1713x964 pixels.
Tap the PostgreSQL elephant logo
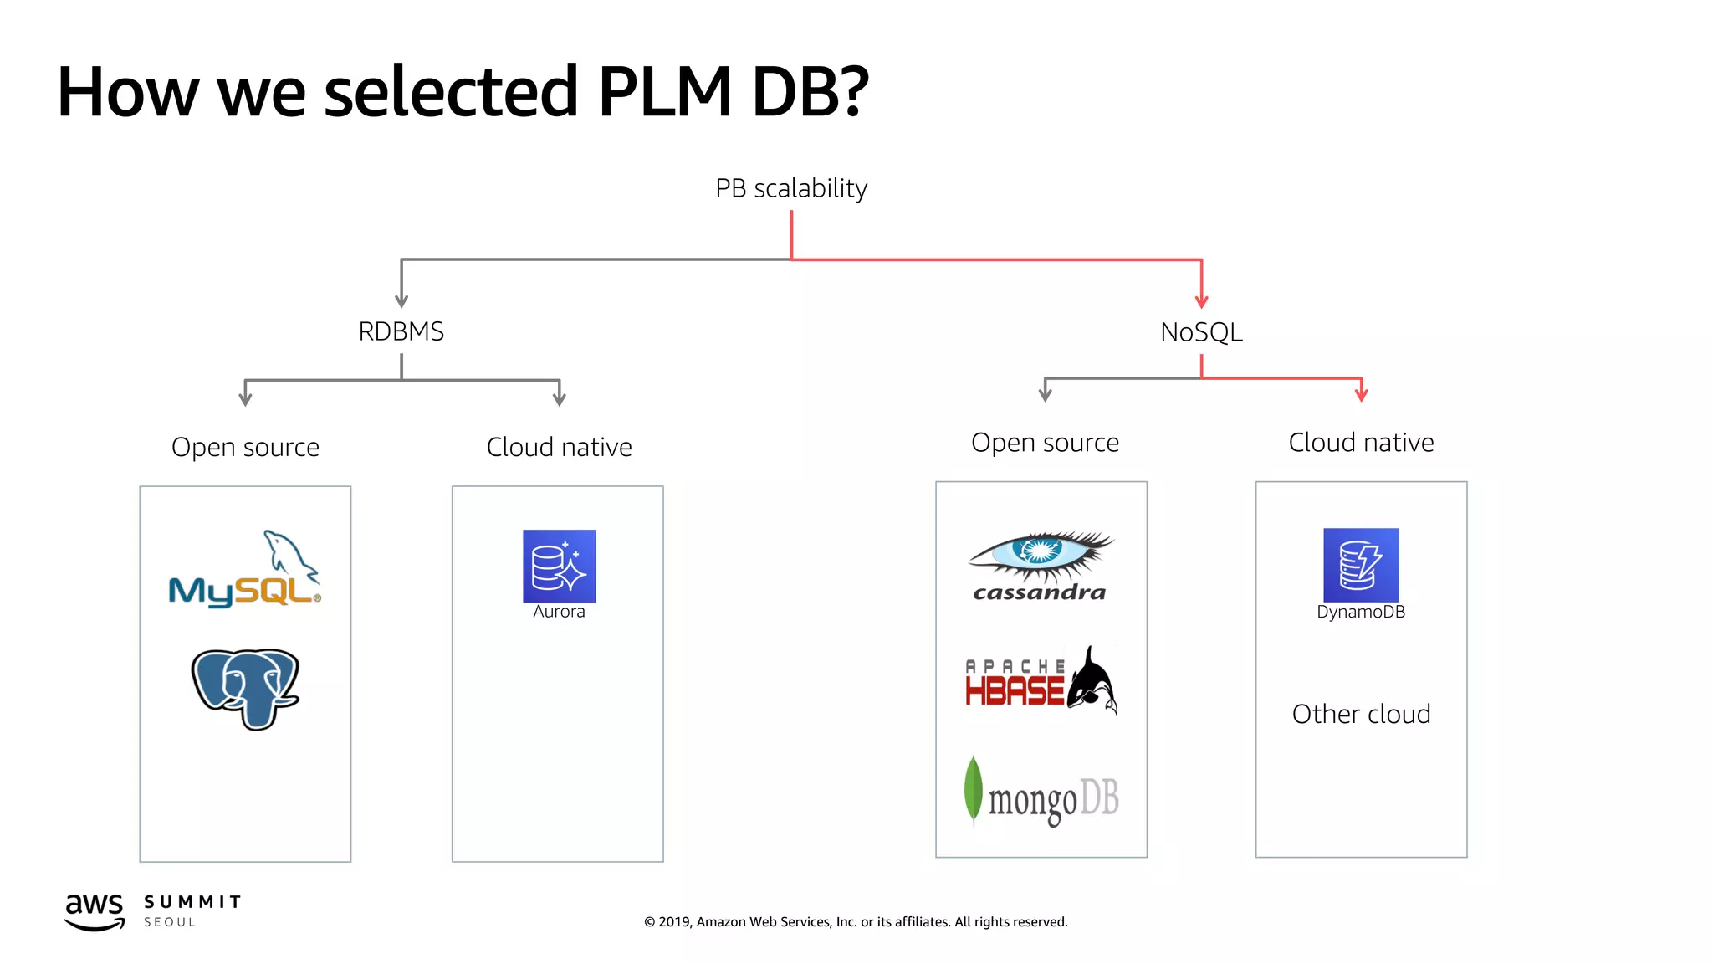pyautogui.click(x=245, y=688)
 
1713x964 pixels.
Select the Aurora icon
pyautogui.click(x=559, y=566)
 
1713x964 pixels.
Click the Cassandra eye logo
pyautogui.click(x=1041, y=566)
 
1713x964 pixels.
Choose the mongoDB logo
pyautogui.click(x=1041, y=793)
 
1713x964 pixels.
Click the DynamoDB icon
pyautogui.click(x=1361, y=564)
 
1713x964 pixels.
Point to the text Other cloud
pyautogui.click(x=1361, y=714)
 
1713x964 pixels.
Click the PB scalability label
pyautogui.click(x=791, y=188)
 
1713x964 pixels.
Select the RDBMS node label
pyautogui.click(x=401, y=331)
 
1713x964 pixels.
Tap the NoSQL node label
pyautogui.click(x=1201, y=332)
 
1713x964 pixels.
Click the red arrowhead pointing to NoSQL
pyautogui.click(x=1201, y=301)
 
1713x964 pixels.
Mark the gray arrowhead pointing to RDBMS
pyautogui.click(x=401, y=300)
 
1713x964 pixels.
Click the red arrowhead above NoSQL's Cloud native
pyautogui.click(x=1361, y=394)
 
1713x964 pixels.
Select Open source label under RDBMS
pyautogui.click(x=245, y=447)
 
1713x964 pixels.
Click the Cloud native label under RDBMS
pyautogui.click(x=559, y=447)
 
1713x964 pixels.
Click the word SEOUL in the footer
pyautogui.click(x=170, y=922)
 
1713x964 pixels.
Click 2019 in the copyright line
pyautogui.click(x=673, y=922)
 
